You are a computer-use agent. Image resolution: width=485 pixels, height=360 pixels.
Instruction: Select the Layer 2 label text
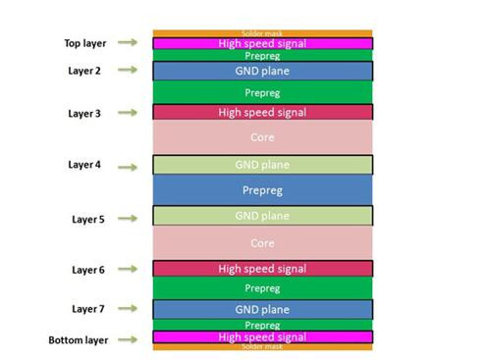[x=84, y=71]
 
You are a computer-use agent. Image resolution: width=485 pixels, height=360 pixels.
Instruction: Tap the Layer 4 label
[x=84, y=165]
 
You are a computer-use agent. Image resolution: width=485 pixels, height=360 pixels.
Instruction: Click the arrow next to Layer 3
[x=126, y=113]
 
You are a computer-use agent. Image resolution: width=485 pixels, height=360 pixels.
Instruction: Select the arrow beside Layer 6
[x=126, y=269]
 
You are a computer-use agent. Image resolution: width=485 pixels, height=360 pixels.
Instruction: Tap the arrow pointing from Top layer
[x=126, y=43]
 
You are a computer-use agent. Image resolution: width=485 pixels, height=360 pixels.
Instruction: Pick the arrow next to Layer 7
[x=126, y=309]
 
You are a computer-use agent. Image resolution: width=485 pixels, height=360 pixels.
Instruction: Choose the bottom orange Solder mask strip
[x=262, y=346]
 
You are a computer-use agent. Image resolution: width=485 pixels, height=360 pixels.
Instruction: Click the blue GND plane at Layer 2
[x=262, y=72]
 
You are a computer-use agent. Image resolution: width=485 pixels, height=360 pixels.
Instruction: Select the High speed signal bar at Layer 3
[x=262, y=113]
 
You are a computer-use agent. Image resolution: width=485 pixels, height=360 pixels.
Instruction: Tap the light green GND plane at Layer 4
[x=262, y=165]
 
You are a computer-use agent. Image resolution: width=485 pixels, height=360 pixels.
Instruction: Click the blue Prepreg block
[x=262, y=190]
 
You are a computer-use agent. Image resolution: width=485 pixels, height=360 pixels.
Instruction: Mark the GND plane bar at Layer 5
[x=262, y=216]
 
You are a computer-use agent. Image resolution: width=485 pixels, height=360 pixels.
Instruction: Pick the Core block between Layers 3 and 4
[x=262, y=138]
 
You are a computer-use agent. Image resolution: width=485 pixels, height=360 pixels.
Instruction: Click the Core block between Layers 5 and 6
[x=262, y=242]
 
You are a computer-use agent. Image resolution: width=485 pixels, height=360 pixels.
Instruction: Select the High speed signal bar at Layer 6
[x=262, y=269]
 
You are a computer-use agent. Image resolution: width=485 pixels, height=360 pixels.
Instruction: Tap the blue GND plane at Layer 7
[x=262, y=309]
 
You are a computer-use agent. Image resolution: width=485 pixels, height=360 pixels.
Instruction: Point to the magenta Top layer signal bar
[x=262, y=43]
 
